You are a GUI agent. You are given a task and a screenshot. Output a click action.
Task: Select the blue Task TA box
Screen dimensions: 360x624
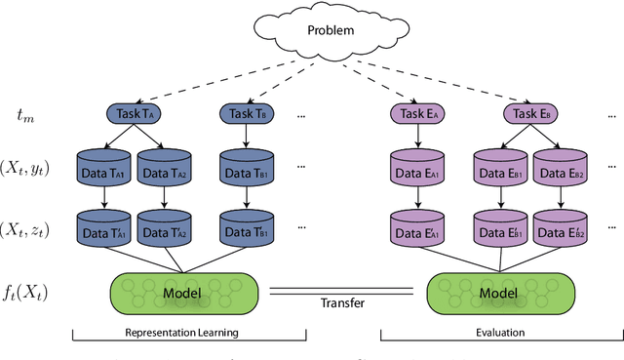pos(133,114)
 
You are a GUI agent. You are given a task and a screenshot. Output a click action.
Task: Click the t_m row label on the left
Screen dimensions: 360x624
pos(26,116)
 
